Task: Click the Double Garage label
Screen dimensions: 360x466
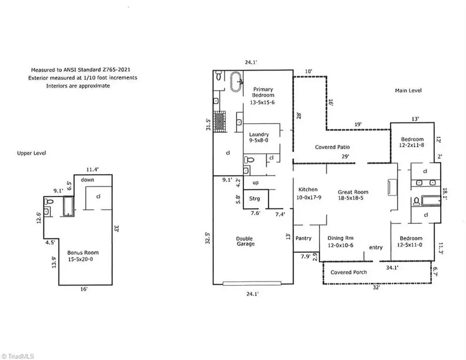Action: (x=245, y=241)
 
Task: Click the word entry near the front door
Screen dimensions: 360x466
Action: (x=375, y=248)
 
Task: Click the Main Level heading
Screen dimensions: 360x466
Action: (x=409, y=91)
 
